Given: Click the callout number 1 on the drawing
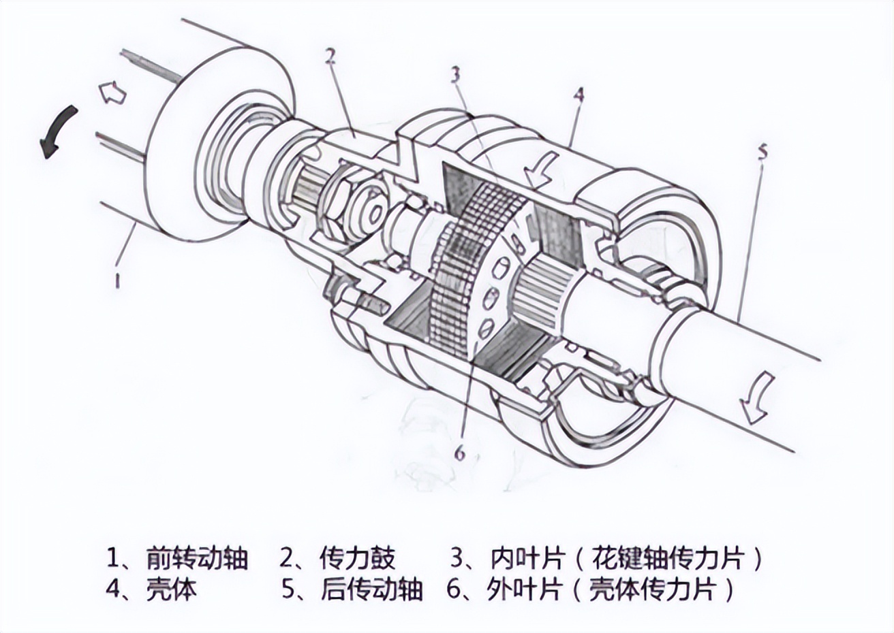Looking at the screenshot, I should click(x=118, y=279).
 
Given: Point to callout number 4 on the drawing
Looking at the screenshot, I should click(x=579, y=95).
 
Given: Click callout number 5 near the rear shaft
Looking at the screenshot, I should click(x=762, y=151).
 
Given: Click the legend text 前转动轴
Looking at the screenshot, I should click(x=196, y=559).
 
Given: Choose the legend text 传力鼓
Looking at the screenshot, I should click(x=357, y=559).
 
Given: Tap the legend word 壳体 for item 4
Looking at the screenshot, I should click(x=171, y=589).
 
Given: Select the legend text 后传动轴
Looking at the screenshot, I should click(x=371, y=589).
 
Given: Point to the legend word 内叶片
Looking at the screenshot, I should click(x=527, y=559).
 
